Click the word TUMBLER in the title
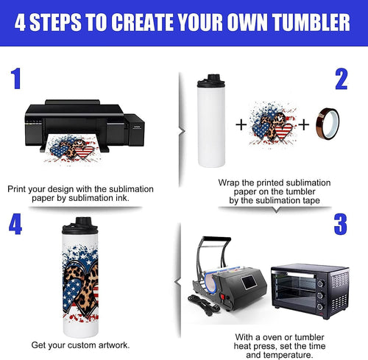point(311,22)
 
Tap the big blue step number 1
point(16,79)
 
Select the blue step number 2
point(342,79)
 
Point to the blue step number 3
point(341,224)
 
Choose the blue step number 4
point(15,224)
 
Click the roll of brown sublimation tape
point(328,124)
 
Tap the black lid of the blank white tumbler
point(211,80)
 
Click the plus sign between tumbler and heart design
point(241,124)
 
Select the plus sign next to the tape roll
point(304,124)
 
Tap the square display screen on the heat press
point(249,282)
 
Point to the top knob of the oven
point(320,283)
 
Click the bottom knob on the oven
point(320,307)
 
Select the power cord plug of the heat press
point(211,311)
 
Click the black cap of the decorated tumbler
point(80,225)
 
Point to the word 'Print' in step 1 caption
point(16,189)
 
